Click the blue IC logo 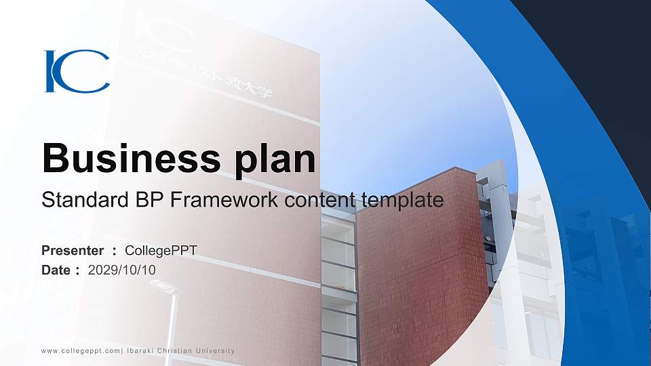(x=77, y=70)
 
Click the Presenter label (x=73, y=251)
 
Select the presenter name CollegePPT (x=161, y=251)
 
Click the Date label (x=56, y=270)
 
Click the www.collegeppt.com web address (x=80, y=350)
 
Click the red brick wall (x=420, y=258)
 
